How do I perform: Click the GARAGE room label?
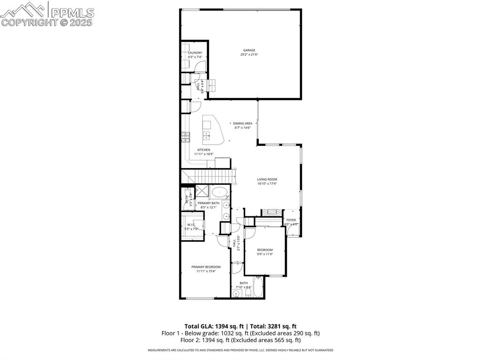[x=249, y=50]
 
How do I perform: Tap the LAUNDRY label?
[x=195, y=53]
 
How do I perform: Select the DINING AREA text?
[x=243, y=123]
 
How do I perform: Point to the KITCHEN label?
[x=203, y=150]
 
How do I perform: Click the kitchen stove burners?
[x=185, y=137]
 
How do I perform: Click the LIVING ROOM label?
[x=267, y=179]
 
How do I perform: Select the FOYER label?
[x=291, y=220]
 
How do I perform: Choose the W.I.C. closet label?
[x=191, y=224]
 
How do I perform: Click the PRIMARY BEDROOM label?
[x=206, y=267]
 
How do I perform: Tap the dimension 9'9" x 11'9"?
[x=265, y=254]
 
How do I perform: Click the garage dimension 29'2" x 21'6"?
[x=249, y=54]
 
